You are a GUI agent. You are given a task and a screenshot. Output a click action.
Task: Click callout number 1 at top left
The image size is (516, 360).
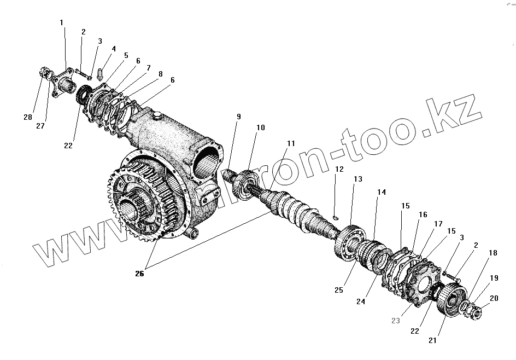point(62,22)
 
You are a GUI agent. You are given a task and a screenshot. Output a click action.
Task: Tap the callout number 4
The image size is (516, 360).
point(114,49)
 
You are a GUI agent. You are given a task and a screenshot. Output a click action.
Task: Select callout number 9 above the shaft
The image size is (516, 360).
point(238,117)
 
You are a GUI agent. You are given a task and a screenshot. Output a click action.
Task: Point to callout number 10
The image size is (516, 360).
point(261,127)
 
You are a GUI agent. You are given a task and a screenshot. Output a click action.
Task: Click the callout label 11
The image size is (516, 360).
point(291,143)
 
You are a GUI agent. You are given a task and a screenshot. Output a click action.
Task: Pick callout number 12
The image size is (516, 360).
point(339,169)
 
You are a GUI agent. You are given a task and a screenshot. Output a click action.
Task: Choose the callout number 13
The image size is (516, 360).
point(358,179)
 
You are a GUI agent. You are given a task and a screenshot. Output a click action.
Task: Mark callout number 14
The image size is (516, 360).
point(382,193)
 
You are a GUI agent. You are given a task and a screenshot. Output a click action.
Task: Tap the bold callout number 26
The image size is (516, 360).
point(139,274)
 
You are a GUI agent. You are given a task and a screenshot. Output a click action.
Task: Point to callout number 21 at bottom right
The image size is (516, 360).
point(433,340)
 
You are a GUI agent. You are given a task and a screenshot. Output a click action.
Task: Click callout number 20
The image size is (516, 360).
point(494,298)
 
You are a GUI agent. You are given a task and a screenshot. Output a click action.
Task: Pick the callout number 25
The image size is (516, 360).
point(339,290)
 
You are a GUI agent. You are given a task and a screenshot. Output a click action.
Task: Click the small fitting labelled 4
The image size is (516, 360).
point(100,73)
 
